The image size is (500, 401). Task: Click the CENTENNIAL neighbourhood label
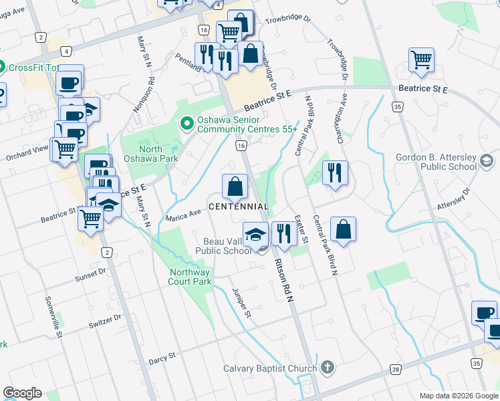coord(239,207)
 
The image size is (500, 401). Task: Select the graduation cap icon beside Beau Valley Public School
coord(255,233)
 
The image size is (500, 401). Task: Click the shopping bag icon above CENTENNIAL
coord(235,186)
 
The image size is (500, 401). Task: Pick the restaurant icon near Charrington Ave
coord(334,172)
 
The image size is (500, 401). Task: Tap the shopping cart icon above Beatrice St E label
coord(422,60)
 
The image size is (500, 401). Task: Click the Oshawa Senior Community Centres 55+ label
coord(245,124)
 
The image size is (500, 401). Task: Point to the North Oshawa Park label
coord(150,154)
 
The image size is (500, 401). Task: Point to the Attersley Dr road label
coord(454,198)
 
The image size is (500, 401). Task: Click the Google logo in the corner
coord(22,393)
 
